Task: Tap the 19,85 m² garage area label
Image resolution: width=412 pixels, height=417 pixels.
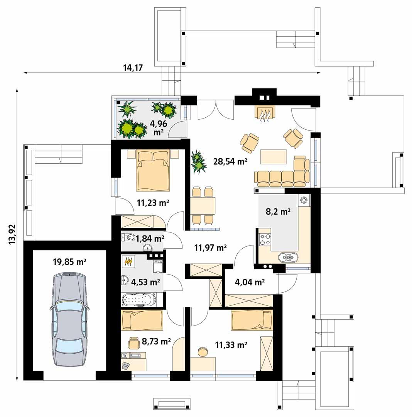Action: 69,262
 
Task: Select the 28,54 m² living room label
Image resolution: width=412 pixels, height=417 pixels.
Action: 230,161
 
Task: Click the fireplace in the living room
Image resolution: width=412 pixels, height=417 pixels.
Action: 264,112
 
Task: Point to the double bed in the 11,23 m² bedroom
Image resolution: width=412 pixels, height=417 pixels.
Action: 153,171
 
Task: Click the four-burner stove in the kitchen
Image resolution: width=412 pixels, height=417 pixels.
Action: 265,239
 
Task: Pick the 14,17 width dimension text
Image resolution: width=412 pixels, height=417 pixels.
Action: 133,68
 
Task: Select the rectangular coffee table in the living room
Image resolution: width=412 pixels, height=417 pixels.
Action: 274,157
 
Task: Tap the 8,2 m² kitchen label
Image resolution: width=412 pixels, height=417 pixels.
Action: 278,211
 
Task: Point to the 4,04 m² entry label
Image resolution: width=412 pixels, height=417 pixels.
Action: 250,282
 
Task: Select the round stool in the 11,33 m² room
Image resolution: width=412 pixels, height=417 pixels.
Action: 202,351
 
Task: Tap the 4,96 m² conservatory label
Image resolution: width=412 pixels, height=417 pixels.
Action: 159,128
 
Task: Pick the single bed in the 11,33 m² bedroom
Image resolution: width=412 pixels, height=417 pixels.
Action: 252,320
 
